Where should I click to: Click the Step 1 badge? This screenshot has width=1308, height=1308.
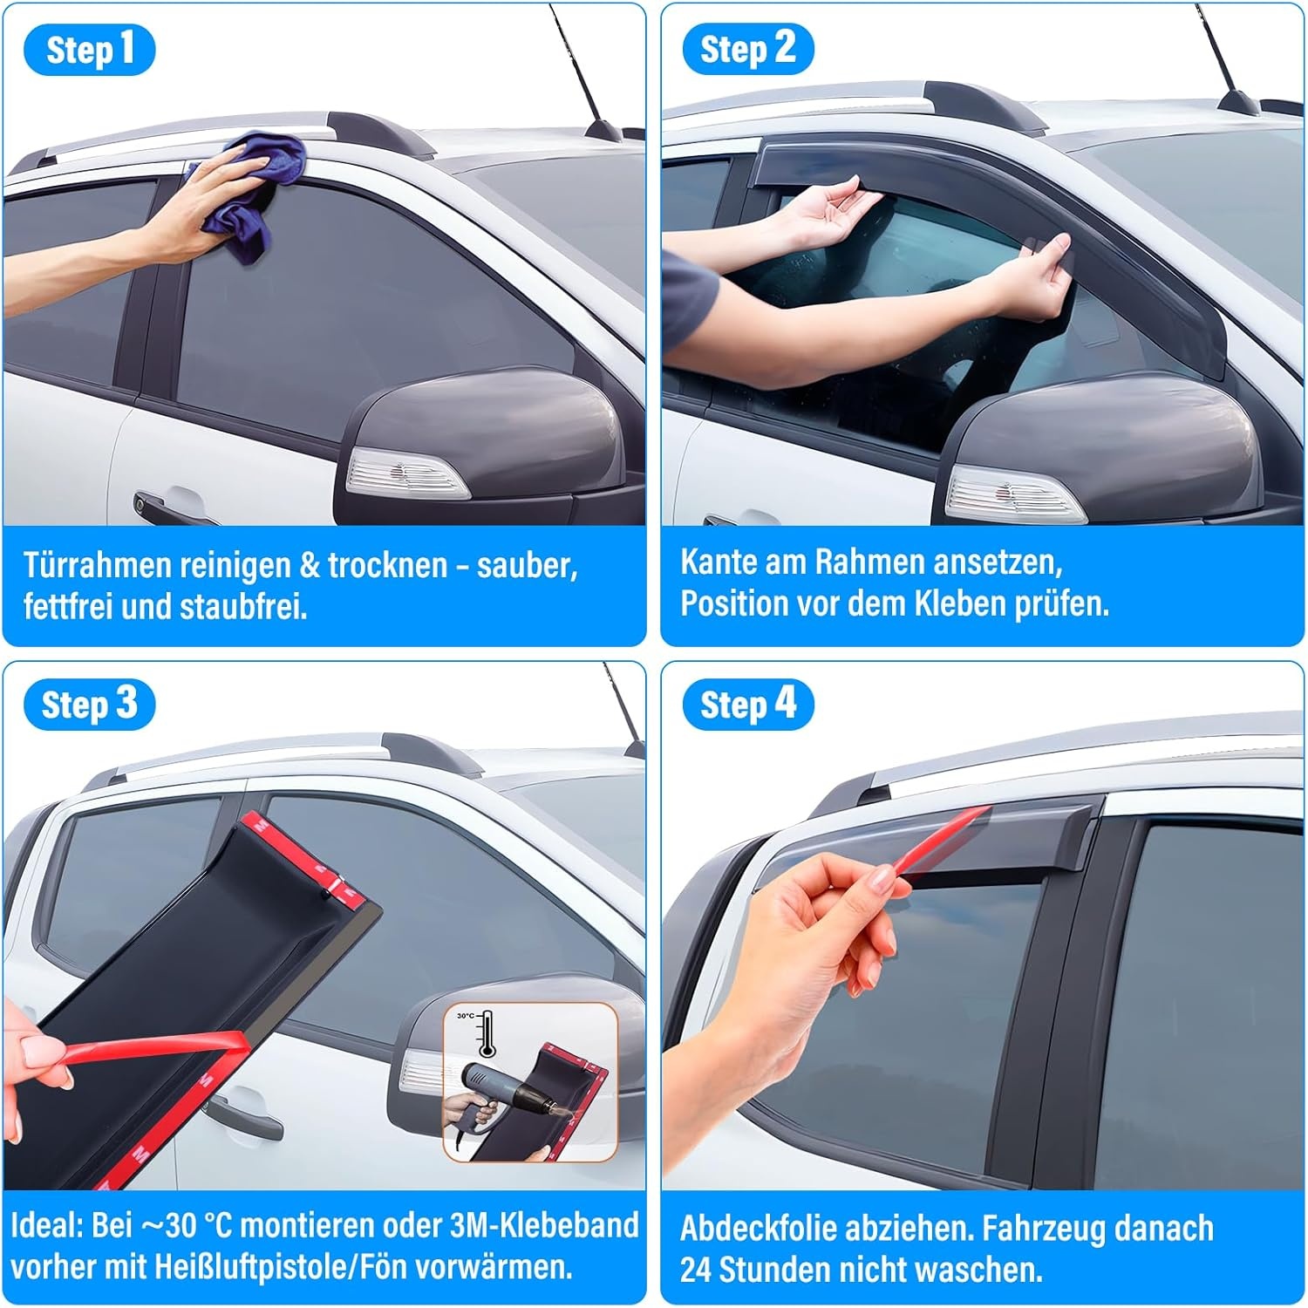(90, 50)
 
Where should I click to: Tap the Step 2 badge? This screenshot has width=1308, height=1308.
(747, 50)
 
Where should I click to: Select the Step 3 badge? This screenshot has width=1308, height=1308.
(90, 705)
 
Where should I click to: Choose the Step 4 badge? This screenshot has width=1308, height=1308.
(747, 705)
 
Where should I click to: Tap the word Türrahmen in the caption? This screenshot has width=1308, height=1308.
(97, 566)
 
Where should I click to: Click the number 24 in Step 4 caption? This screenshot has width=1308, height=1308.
(696, 1270)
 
